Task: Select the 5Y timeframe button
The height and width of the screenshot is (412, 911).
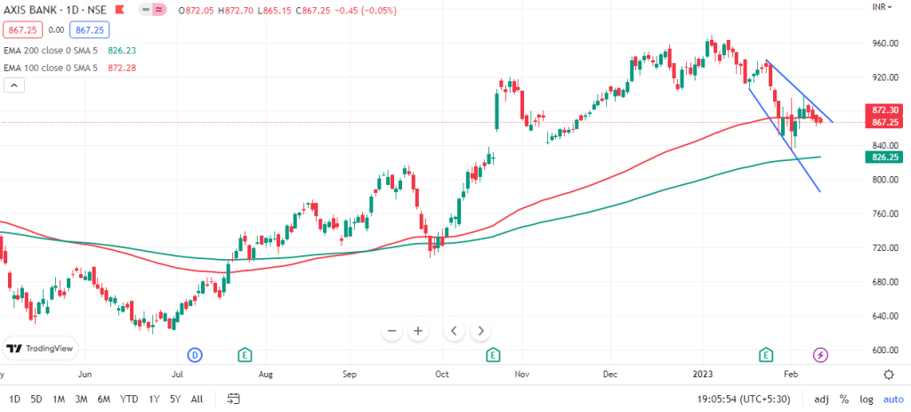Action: [174, 399]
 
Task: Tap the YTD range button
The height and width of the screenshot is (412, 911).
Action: [129, 399]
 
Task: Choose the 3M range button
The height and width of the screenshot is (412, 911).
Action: [81, 399]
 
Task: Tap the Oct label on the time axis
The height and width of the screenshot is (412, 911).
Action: [442, 375]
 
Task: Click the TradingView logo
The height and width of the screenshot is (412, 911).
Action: [41, 349]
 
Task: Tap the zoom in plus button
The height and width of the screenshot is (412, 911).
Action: [416, 331]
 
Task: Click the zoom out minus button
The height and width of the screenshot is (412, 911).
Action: [391, 331]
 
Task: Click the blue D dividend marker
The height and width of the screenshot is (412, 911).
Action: [196, 355]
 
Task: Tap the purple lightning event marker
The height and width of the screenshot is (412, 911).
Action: [821, 355]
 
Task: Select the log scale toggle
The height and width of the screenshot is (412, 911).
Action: [866, 399]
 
